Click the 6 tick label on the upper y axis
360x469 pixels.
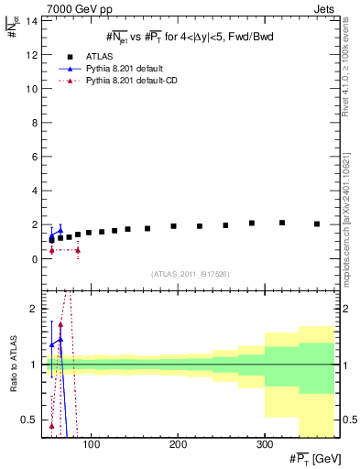pos(33,157)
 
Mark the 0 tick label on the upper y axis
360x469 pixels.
pos(33,259)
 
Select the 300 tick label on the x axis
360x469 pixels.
pos(264,444)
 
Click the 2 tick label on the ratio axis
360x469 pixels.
pos(33,309)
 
